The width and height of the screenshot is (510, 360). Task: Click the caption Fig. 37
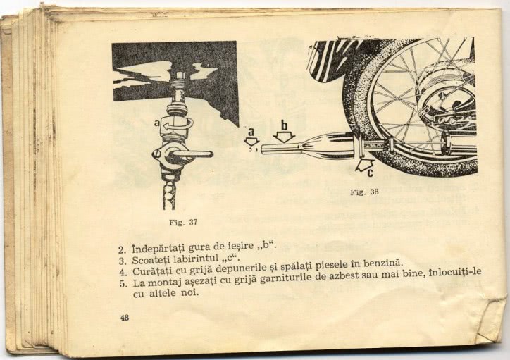click(183, 223)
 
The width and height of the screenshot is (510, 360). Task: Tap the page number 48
click(125, 318)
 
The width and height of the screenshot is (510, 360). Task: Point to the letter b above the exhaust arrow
click(285, 125)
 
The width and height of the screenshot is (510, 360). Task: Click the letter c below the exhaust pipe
click(370, 173)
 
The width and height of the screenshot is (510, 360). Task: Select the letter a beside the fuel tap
click(157, 123)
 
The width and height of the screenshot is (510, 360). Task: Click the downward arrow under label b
click(284, 137)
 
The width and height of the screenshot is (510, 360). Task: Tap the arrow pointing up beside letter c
click(364, 165)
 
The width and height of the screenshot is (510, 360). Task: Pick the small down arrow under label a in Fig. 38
click(251, 141)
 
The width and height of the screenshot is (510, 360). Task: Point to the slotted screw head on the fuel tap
click(156, 154)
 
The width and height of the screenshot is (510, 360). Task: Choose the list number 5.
click(123, 284)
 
